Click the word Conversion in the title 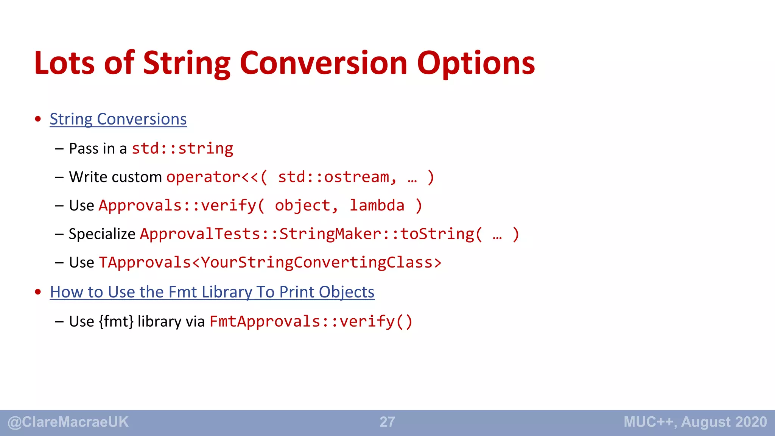(324, 63)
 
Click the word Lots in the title (64, 63)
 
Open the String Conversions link (118, 119)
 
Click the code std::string (182, 148)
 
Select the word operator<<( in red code (217, 177)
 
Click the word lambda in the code (377, 206)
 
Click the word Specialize (102, 234)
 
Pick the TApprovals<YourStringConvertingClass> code (270, 263)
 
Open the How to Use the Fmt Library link (212, 292)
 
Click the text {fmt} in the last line (116, 321)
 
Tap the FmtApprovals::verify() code (311, 321)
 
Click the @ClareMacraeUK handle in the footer (68, 422)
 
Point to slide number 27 (387, 422)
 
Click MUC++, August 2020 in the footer (695, 422)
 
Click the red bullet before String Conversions (38, 119)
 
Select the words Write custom (115, 177)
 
